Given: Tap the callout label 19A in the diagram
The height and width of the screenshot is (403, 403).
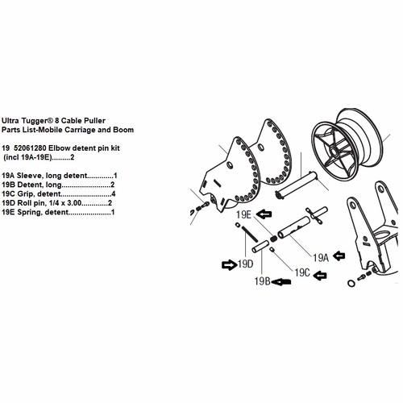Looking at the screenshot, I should [321, 257].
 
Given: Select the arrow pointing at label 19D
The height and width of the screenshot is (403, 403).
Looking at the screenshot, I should [224, 263].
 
